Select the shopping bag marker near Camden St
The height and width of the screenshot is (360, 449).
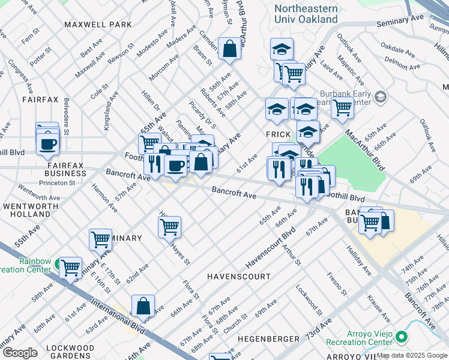point(229,50)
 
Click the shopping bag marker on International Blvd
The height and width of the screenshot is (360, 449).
point(143,306)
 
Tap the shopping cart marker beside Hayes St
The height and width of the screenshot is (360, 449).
point(170,227)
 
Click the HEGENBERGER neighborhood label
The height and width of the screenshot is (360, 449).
point(260,339)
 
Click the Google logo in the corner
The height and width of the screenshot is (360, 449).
point(20,353)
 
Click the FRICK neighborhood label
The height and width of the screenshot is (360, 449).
point(279,134)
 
